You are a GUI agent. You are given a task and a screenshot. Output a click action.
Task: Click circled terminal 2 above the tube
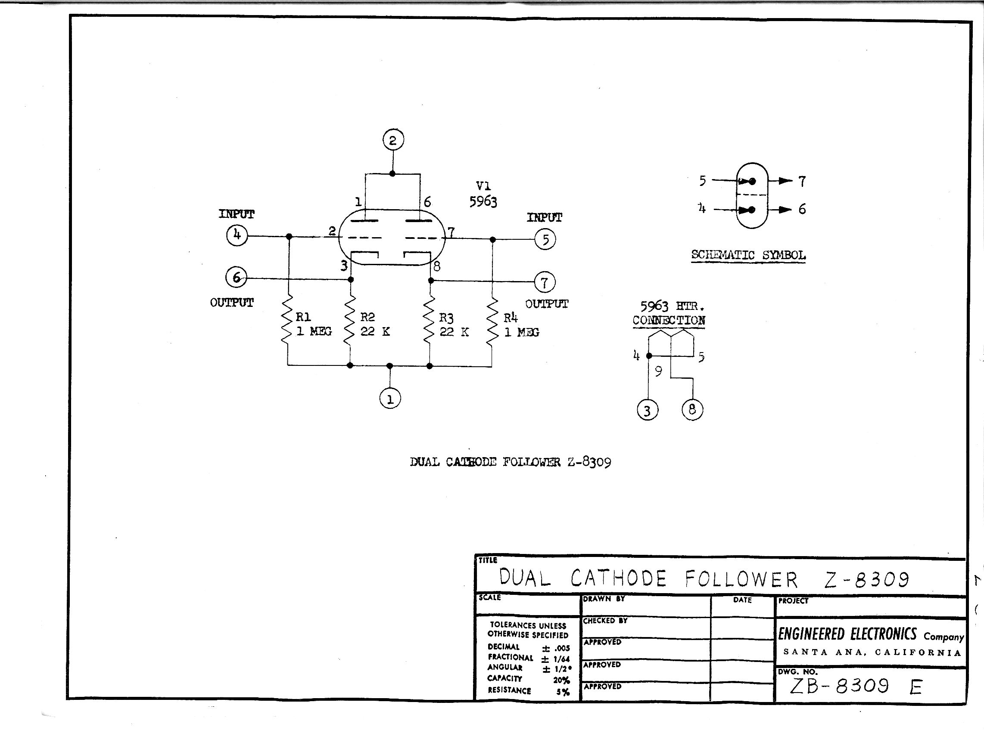pyautogui.click(x=393, y=140)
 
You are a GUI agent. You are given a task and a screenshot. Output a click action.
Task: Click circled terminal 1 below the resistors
pyautogui.click(x=389, y=399)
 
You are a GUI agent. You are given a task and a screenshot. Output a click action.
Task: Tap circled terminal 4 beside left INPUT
pyautogui.click(x=237, y=235)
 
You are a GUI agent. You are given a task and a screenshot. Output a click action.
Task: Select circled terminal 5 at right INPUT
pyautogui.click(x=545, y=239)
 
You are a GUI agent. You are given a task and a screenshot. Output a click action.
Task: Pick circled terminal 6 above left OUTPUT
pyautogui.click(x=236, y=278)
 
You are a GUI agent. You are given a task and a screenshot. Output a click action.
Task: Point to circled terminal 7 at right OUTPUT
pyautogui.click(x=545, y=282)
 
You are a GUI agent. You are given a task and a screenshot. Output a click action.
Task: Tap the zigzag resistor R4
pyautogui.click(x=492, y=322)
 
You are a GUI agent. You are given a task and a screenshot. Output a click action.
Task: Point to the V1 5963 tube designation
pyautogui.click(x=483, y=195)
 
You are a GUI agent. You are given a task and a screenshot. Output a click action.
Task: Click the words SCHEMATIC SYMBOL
pyautogui.click(x=748, y=255)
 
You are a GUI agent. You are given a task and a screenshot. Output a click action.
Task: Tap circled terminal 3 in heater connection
pyautogui.click(x=648, y=411)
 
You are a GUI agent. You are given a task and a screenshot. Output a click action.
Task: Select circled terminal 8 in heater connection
pyautogui.click(x=692, y=410)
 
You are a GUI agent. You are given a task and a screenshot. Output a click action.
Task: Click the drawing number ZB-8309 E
pyautogui.click(x=855, y=686)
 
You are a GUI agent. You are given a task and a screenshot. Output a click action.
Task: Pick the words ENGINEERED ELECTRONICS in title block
pyautogui.click(x=847, y=634)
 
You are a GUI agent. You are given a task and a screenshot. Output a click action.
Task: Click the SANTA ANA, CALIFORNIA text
pyautogui.click(x=872, y=653)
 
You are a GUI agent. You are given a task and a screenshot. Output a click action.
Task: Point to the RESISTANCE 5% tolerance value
pyautogui.click(x=563, y=692)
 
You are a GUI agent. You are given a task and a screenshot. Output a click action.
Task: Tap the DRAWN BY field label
pyautogui.click(x=604, y=599)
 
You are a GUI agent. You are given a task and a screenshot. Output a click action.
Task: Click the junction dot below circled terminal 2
pyautogui.click(x=392, y=173)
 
